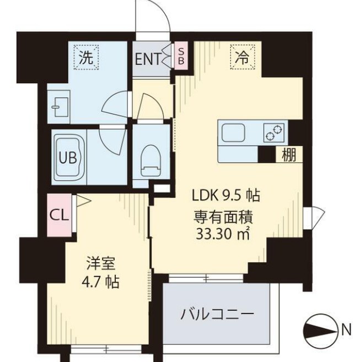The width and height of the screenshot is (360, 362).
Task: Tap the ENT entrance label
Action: tap(147, 58)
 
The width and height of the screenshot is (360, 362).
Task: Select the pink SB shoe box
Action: tap(180, 55)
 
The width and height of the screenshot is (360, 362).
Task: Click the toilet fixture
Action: tap(150, 158)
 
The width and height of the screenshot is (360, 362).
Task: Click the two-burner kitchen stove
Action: tap(274, 133)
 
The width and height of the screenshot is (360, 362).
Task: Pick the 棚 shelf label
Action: tap(288, 155)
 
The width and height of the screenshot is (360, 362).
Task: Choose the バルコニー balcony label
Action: tap(217, 314)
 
